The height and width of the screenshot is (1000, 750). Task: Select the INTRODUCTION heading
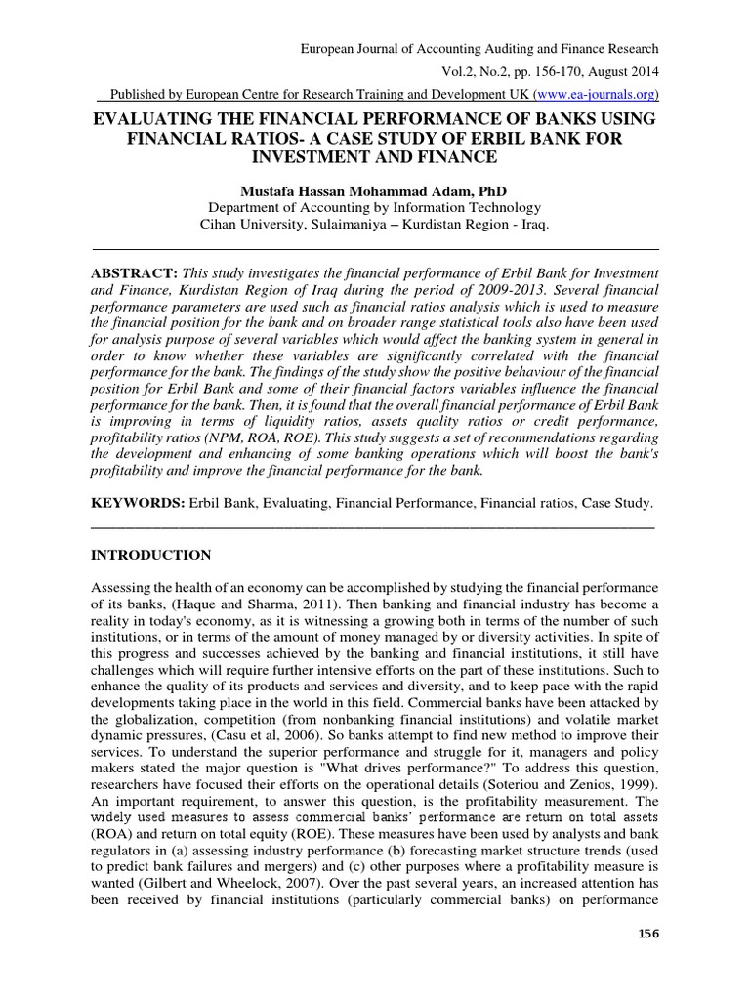tap(150, 556)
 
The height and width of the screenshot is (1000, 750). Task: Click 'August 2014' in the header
tap(622, 71)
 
